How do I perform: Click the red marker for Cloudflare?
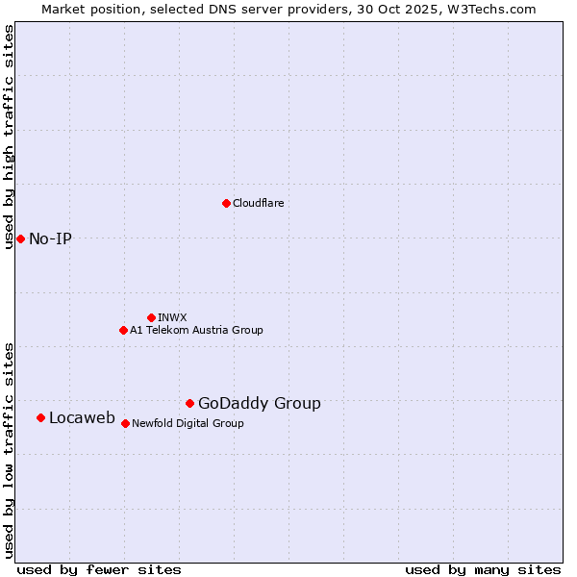tap(226, 203)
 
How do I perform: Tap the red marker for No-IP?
tap(20, 238)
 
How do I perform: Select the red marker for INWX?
tap(151, 317)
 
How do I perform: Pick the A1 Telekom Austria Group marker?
tap(123, 330)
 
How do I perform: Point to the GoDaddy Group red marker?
tap(189, 403)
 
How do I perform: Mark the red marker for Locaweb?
tap(40, 417)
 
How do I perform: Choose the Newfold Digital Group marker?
tap(125, 423)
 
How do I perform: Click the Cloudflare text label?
tap(258, 203)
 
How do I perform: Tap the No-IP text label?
tap(50, 238)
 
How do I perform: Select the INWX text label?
tap(172, 317)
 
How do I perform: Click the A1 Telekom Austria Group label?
tap(196, 330)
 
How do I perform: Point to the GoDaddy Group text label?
tap(260, 403)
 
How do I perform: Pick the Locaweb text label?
tap(82, 417)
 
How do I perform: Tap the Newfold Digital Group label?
tap(188, 423)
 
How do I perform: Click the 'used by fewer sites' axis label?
tap(99, 569)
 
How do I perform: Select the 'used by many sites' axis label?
tap(483, 569)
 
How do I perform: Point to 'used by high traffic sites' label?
tap(9, 137)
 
